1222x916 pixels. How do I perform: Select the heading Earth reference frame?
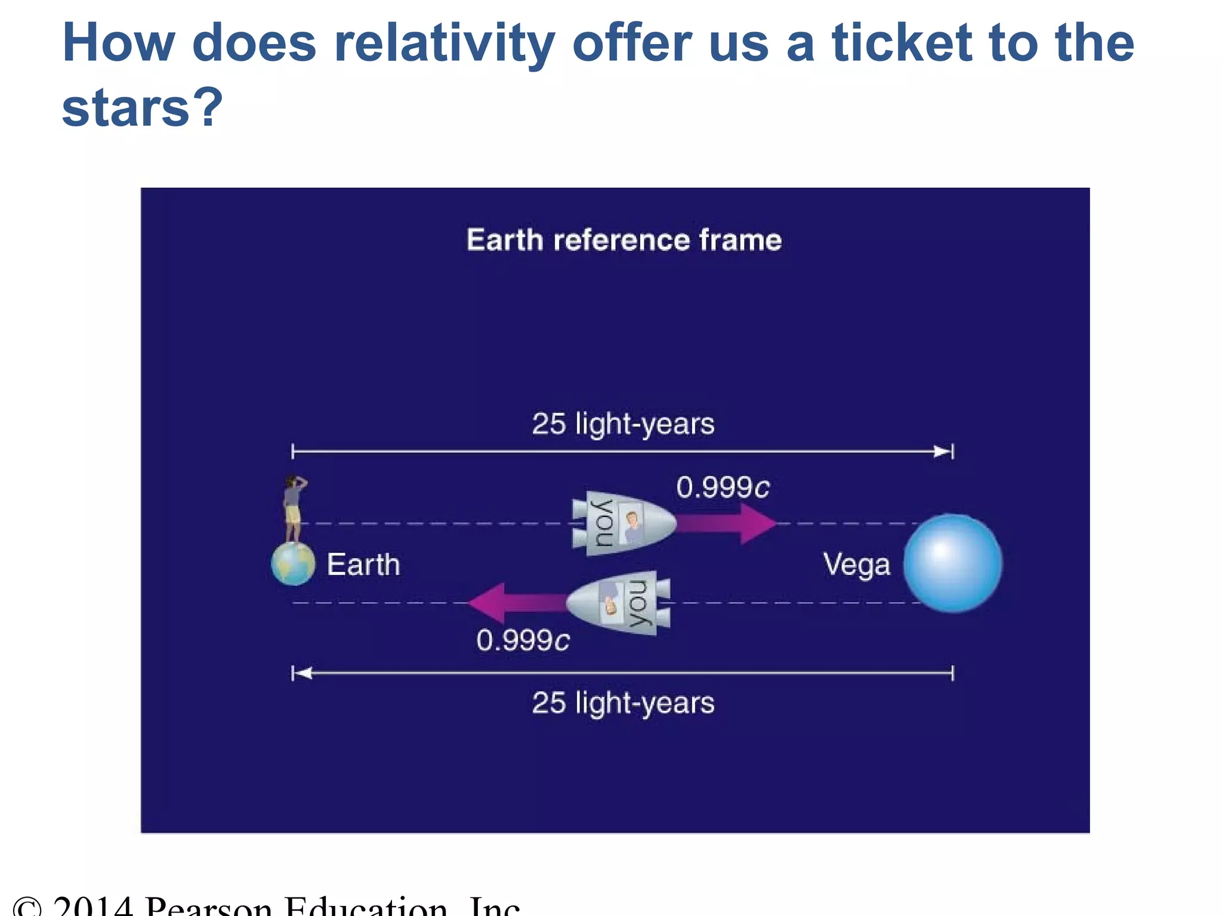pos(624,240)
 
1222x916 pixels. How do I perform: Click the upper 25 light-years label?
pos(623,424)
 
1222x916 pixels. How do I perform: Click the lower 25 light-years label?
pos(623,703)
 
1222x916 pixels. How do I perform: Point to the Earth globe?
pos(293,564)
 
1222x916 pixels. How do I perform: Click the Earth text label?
pos(363,565)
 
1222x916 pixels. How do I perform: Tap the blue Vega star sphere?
pos(952,564)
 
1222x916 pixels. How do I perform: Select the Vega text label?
pos(856,565)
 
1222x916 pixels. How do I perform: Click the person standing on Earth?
pos(294,507)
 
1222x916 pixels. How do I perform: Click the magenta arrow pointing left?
pos(516,603)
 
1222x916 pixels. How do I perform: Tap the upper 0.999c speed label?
pos(723,488)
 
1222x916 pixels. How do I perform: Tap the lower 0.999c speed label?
pos(523,641)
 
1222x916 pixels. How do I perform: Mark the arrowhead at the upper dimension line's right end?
pos(943,451)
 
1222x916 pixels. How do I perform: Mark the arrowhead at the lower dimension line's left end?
pos(303,673)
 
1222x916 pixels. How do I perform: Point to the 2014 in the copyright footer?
pos(92,906)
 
